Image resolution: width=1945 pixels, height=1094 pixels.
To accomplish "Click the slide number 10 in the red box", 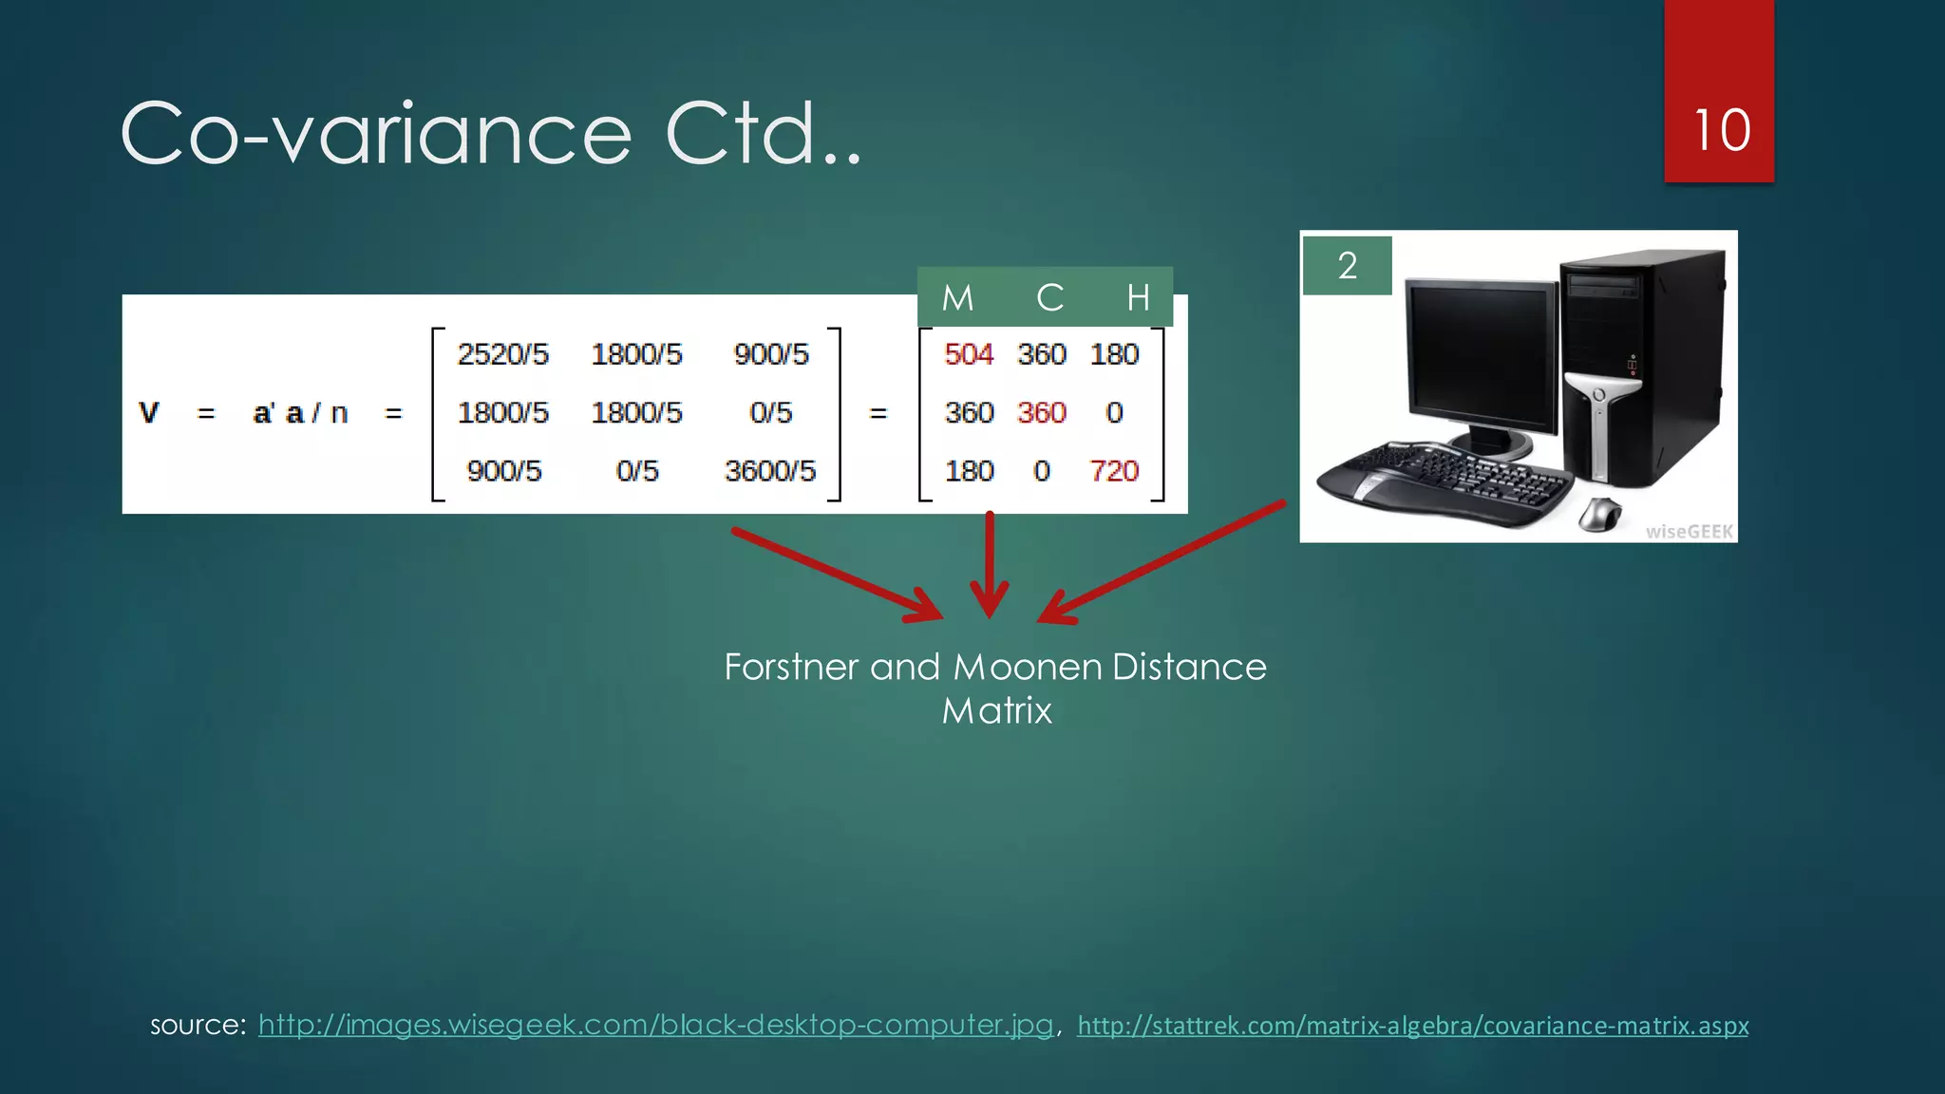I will tap(1721, 130).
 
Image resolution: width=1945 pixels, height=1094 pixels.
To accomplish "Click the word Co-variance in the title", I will tap(376, 134).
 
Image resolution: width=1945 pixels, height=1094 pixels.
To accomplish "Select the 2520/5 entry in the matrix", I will tap(502, 354).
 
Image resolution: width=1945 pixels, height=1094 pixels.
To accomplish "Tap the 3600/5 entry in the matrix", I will tap(769, 471).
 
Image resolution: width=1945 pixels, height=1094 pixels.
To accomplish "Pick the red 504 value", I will tap(968, 354).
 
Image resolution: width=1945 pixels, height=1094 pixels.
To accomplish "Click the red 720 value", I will tap(1113, 471).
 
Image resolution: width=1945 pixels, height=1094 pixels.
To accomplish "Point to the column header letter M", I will tap(957, 298).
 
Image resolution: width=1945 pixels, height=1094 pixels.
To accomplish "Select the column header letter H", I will tap(1138, 298).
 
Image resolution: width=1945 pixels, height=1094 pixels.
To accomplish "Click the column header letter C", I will tap(1049, 298).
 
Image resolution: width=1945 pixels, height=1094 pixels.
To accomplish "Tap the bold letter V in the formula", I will tap(149, 413).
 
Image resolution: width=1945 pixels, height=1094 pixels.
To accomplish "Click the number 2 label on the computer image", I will tap(1347, 266).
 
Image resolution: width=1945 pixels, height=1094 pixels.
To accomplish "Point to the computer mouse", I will tap(1601, 514).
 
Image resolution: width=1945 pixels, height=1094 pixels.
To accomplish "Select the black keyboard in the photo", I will tap(1444, 480).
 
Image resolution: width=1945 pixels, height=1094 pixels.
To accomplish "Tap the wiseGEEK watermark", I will tap(1689, 532).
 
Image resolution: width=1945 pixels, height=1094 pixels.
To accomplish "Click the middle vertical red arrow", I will tap(990, 565).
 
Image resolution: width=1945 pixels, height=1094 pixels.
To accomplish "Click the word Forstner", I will tap(791, 668).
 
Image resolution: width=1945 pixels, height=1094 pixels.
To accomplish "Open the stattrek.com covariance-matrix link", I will tap(1412, 1026).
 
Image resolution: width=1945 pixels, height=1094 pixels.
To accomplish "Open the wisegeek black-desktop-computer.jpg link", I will tap(655, 1025).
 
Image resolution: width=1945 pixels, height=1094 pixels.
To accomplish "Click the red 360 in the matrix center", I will tap(1042, 413).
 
